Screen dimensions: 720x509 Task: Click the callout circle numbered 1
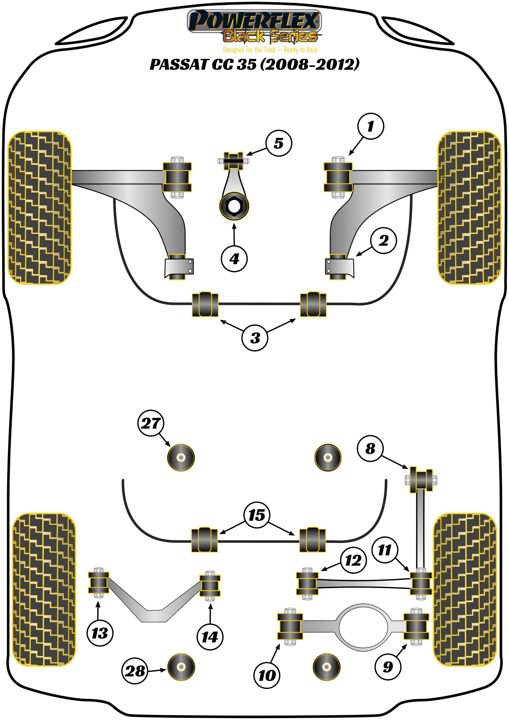[x=371, y=126]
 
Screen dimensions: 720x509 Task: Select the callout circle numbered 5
[x=279, y=143]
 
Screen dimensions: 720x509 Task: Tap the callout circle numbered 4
[x=234, y=259]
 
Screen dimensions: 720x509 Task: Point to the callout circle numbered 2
[x=383, y=241]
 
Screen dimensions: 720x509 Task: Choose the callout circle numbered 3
[x=255, y=338]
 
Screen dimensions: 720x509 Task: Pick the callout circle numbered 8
[x=370, y=448]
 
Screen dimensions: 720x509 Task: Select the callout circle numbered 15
[x=257, y=515]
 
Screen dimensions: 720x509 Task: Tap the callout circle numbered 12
[x=353, y=560]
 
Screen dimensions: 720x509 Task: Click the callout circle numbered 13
[x=100, y=633]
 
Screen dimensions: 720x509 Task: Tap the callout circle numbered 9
[x=388, y=667]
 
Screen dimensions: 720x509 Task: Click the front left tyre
[x=39, y=208]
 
